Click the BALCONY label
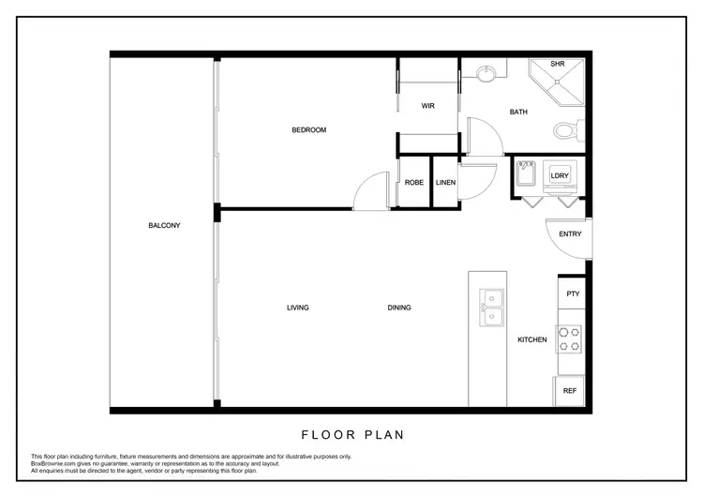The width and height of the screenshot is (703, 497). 163,225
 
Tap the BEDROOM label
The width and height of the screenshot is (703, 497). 308,129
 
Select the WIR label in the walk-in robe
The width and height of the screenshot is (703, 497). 427,106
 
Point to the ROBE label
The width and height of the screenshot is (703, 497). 413,182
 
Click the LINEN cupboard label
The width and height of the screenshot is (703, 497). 446,182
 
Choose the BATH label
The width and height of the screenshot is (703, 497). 518,112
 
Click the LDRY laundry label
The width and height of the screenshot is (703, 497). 561,175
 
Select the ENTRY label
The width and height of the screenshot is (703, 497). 570,233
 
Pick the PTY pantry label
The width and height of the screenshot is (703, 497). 573,294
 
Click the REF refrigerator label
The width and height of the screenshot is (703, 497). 569,390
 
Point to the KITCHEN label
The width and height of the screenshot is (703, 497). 532,339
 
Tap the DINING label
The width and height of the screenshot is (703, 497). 399,308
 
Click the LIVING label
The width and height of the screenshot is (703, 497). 298,308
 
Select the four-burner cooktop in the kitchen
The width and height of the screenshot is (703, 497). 569,339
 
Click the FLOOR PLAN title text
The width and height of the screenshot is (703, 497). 351,435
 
